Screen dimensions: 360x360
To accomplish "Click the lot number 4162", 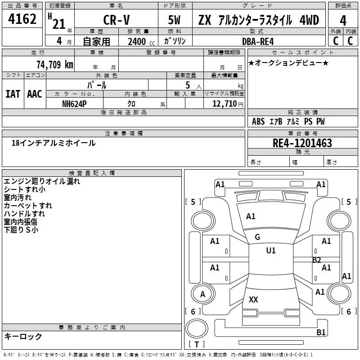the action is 22,19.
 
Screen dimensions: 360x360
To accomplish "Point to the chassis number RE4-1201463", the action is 302,143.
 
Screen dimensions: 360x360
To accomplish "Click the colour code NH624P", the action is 75,103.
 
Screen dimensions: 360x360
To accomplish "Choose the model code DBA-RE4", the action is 261,41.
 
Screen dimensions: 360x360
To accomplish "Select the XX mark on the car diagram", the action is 254,300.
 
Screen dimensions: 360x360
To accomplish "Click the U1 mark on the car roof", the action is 270,251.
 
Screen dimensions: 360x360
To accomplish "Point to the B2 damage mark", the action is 317,260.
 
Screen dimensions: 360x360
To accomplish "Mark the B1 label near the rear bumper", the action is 321,333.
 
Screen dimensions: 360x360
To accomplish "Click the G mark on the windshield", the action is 257,237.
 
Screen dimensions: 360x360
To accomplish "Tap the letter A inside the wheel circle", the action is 202,294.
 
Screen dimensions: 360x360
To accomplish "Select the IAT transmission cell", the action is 12,94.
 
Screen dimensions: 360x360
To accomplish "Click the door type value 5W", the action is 175,21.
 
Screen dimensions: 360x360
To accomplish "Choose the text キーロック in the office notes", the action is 23,336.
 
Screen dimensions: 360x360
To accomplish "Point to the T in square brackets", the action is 197,345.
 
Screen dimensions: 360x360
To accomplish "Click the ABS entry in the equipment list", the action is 258,121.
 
